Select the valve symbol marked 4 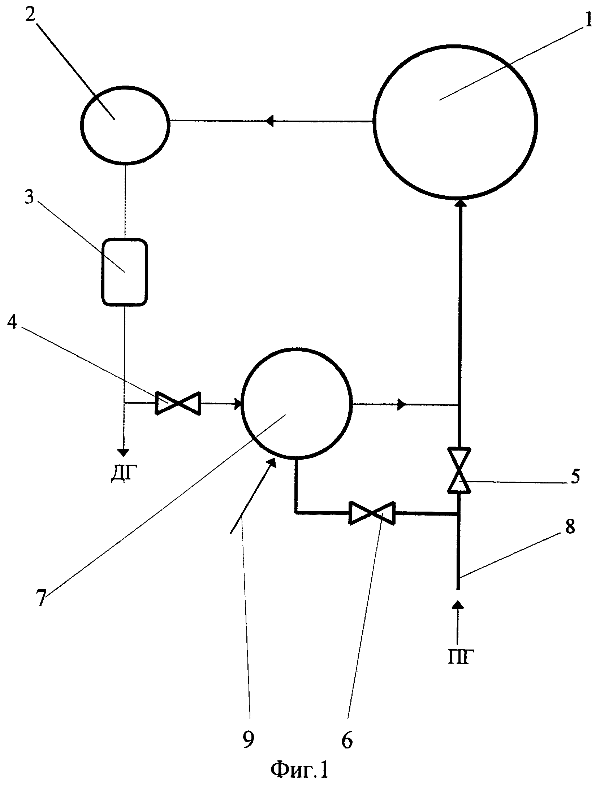pos(178,403)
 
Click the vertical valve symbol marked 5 pos(459,470)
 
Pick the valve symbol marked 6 pos(372,512)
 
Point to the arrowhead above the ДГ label pos(124,452)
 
